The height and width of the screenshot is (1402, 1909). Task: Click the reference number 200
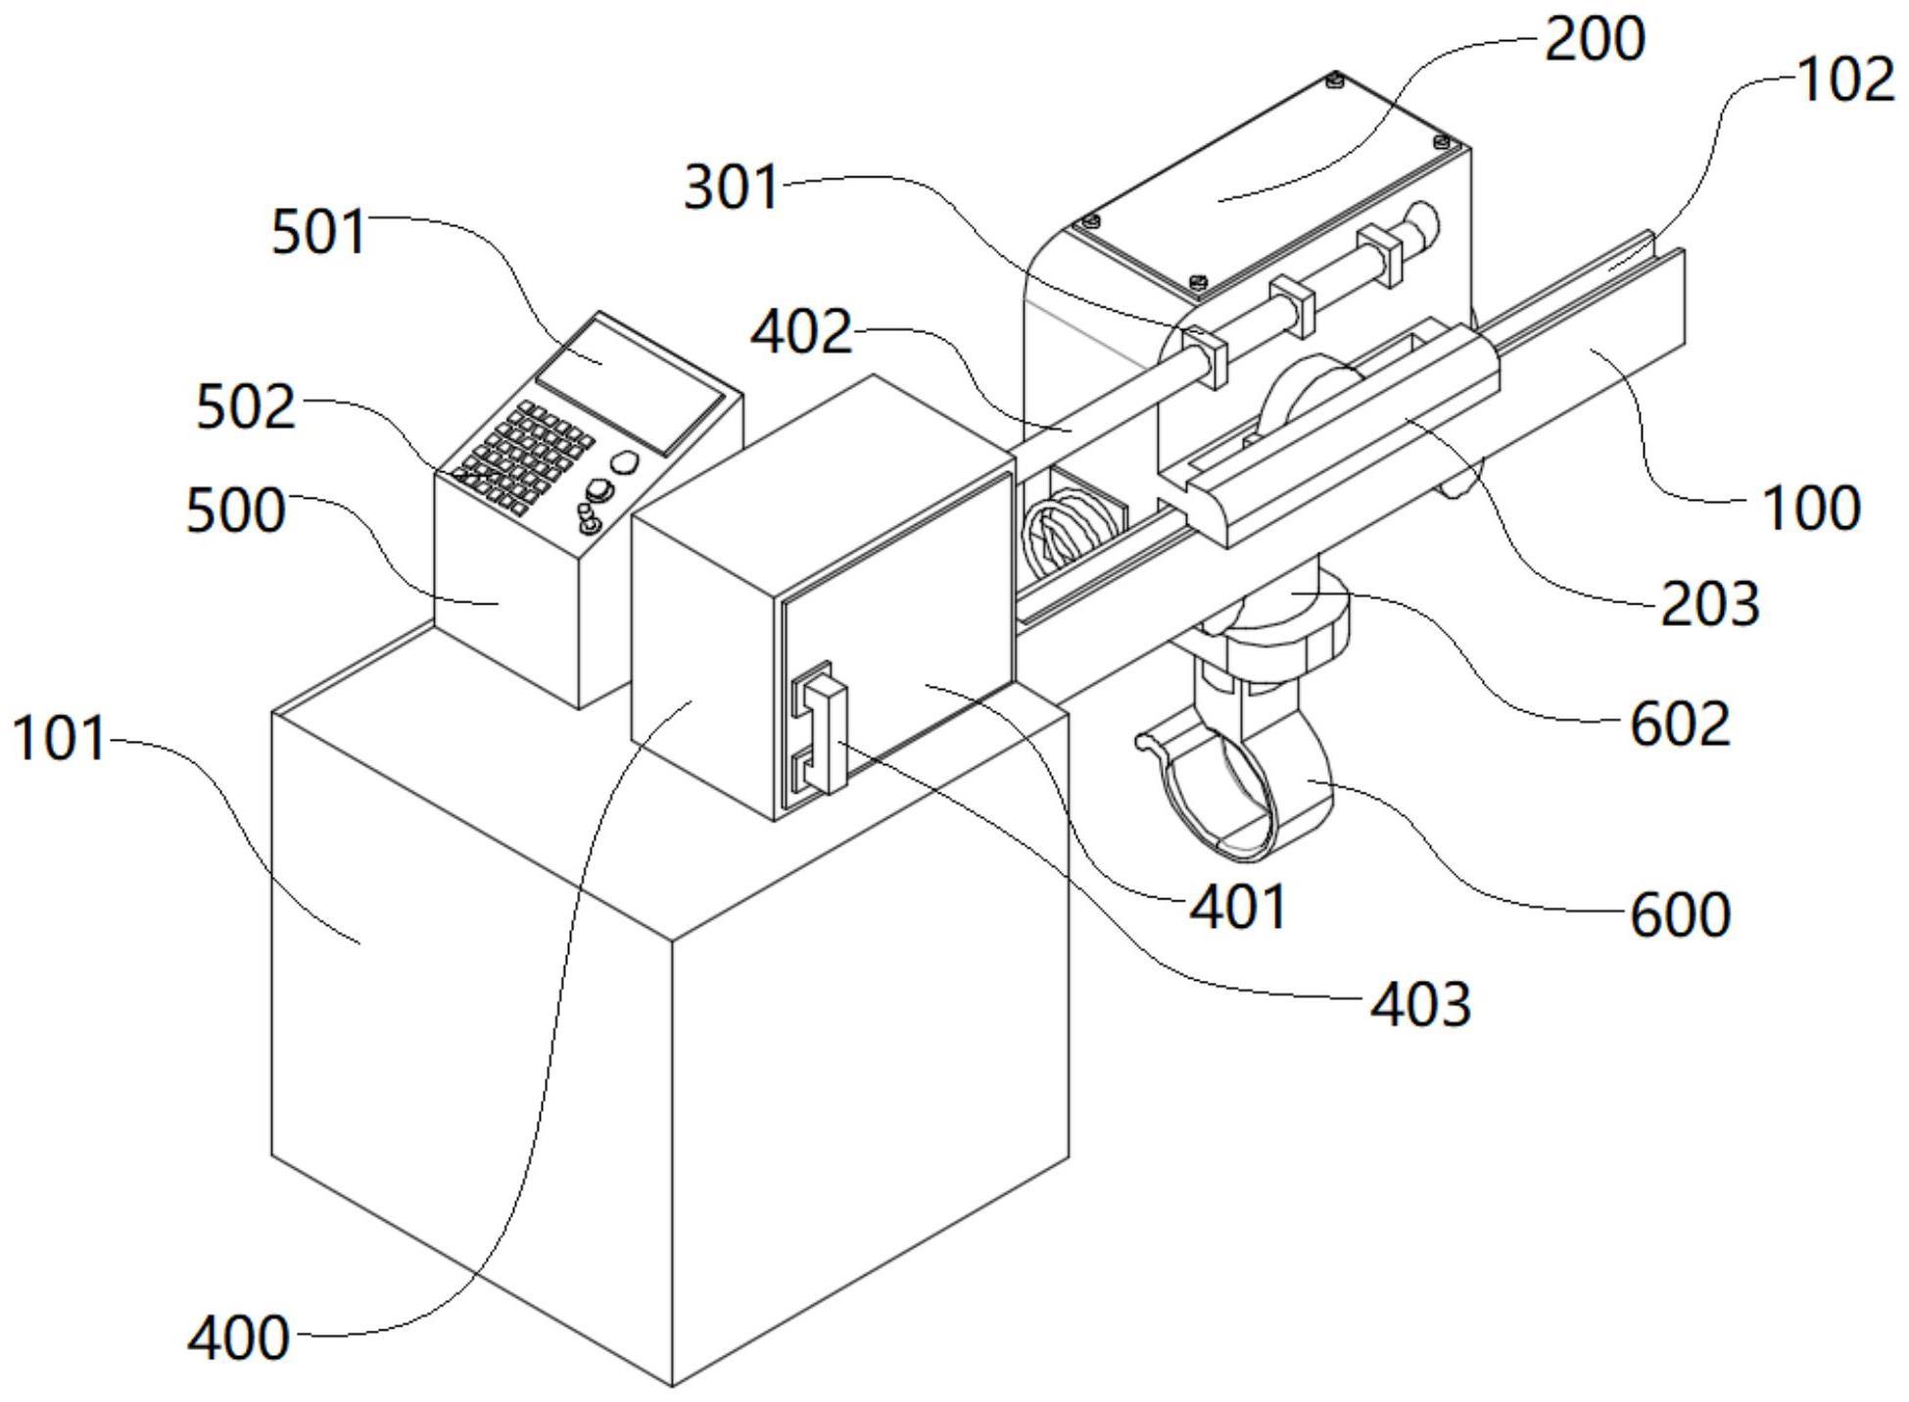[x=1594, y=41]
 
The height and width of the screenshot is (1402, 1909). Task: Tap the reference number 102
[x=1845, y=80]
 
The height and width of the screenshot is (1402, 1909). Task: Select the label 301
[x=731, y=187]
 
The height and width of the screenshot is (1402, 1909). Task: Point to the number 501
[x=318, y=233]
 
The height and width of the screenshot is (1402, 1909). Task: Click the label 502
[x=245, y=408]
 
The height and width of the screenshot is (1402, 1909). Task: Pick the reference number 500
[x=235, y=510]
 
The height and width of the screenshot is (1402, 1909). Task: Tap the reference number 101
[x=58, y=739]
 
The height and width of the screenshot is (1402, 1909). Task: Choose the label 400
[x=238, y=1338]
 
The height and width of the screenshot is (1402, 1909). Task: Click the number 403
[x=1419, y=1005]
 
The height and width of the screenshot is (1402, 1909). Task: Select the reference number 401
[x=1238, y=907]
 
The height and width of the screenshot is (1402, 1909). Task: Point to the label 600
[x=1680, y=915]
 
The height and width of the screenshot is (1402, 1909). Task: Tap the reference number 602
[x=1680, y=725]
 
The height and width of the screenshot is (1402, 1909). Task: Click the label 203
[x=1709, y=604]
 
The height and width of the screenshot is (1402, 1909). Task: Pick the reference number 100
[x=1811, y=509]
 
